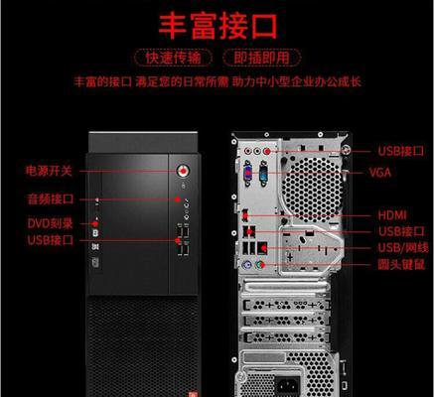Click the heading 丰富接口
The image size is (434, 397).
217,26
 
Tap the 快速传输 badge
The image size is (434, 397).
173,58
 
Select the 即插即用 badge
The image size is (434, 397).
262,58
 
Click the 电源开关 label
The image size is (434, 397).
49,171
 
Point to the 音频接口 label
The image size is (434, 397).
51,199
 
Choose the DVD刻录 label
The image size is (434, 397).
50,224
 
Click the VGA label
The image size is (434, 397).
380,173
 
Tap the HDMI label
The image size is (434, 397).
392,215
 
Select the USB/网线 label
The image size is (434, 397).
403,248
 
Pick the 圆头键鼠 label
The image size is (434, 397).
401,265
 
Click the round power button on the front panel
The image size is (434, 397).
183,171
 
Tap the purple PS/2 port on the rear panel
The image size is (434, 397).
247,265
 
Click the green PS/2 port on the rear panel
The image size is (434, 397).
260,265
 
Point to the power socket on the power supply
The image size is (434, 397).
288,385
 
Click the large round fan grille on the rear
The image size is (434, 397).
311,189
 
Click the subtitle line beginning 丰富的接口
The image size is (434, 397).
217,81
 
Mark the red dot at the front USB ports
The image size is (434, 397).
178,240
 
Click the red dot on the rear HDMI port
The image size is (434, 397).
245,216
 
